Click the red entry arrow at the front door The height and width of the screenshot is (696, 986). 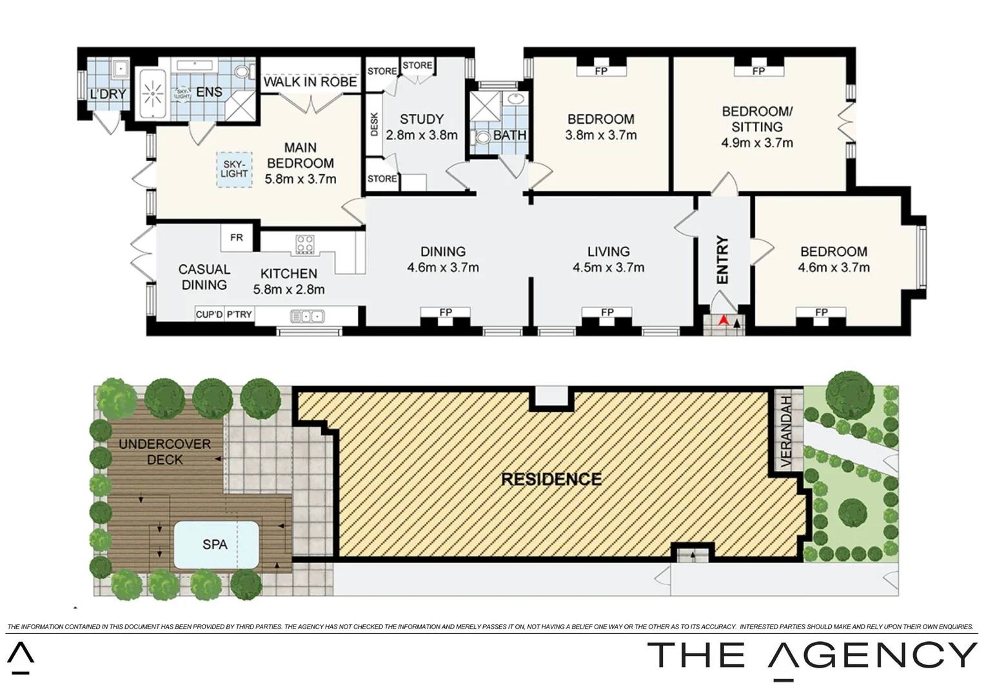724,319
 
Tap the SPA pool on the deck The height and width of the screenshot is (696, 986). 215,545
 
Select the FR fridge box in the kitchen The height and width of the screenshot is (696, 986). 237,237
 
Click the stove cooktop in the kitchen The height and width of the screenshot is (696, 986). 305,244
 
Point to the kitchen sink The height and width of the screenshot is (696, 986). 308,316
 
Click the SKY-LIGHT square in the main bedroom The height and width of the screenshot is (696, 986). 234,169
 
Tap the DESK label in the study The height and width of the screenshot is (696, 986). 375,124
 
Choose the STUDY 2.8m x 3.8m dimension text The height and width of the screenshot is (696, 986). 422,135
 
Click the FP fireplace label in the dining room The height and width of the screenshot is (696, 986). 446,313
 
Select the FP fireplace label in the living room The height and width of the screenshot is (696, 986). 607,313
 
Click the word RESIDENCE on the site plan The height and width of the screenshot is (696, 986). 551,479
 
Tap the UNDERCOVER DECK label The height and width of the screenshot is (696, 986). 164,452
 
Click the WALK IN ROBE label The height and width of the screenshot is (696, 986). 310,82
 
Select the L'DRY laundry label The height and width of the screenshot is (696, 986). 108,94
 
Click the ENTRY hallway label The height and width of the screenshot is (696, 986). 722,260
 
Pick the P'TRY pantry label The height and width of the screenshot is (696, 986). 239,314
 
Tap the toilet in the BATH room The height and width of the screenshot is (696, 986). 483,137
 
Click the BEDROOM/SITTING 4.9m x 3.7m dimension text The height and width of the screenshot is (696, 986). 757,142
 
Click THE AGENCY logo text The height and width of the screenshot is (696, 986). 813,655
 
